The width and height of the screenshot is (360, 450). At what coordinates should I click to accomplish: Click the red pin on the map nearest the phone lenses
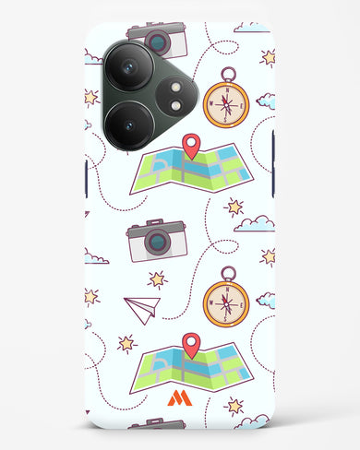pos(191,145)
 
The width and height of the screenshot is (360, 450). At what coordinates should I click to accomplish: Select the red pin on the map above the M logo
pos(191,344)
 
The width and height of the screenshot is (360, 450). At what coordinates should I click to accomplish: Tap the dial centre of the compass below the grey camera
pos(226,301)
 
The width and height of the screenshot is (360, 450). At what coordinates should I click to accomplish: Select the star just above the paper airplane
pos(157,278)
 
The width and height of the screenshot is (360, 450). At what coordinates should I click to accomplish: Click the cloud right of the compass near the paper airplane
pos(266,300)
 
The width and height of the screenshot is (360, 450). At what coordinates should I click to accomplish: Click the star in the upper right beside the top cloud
pos(268,57)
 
